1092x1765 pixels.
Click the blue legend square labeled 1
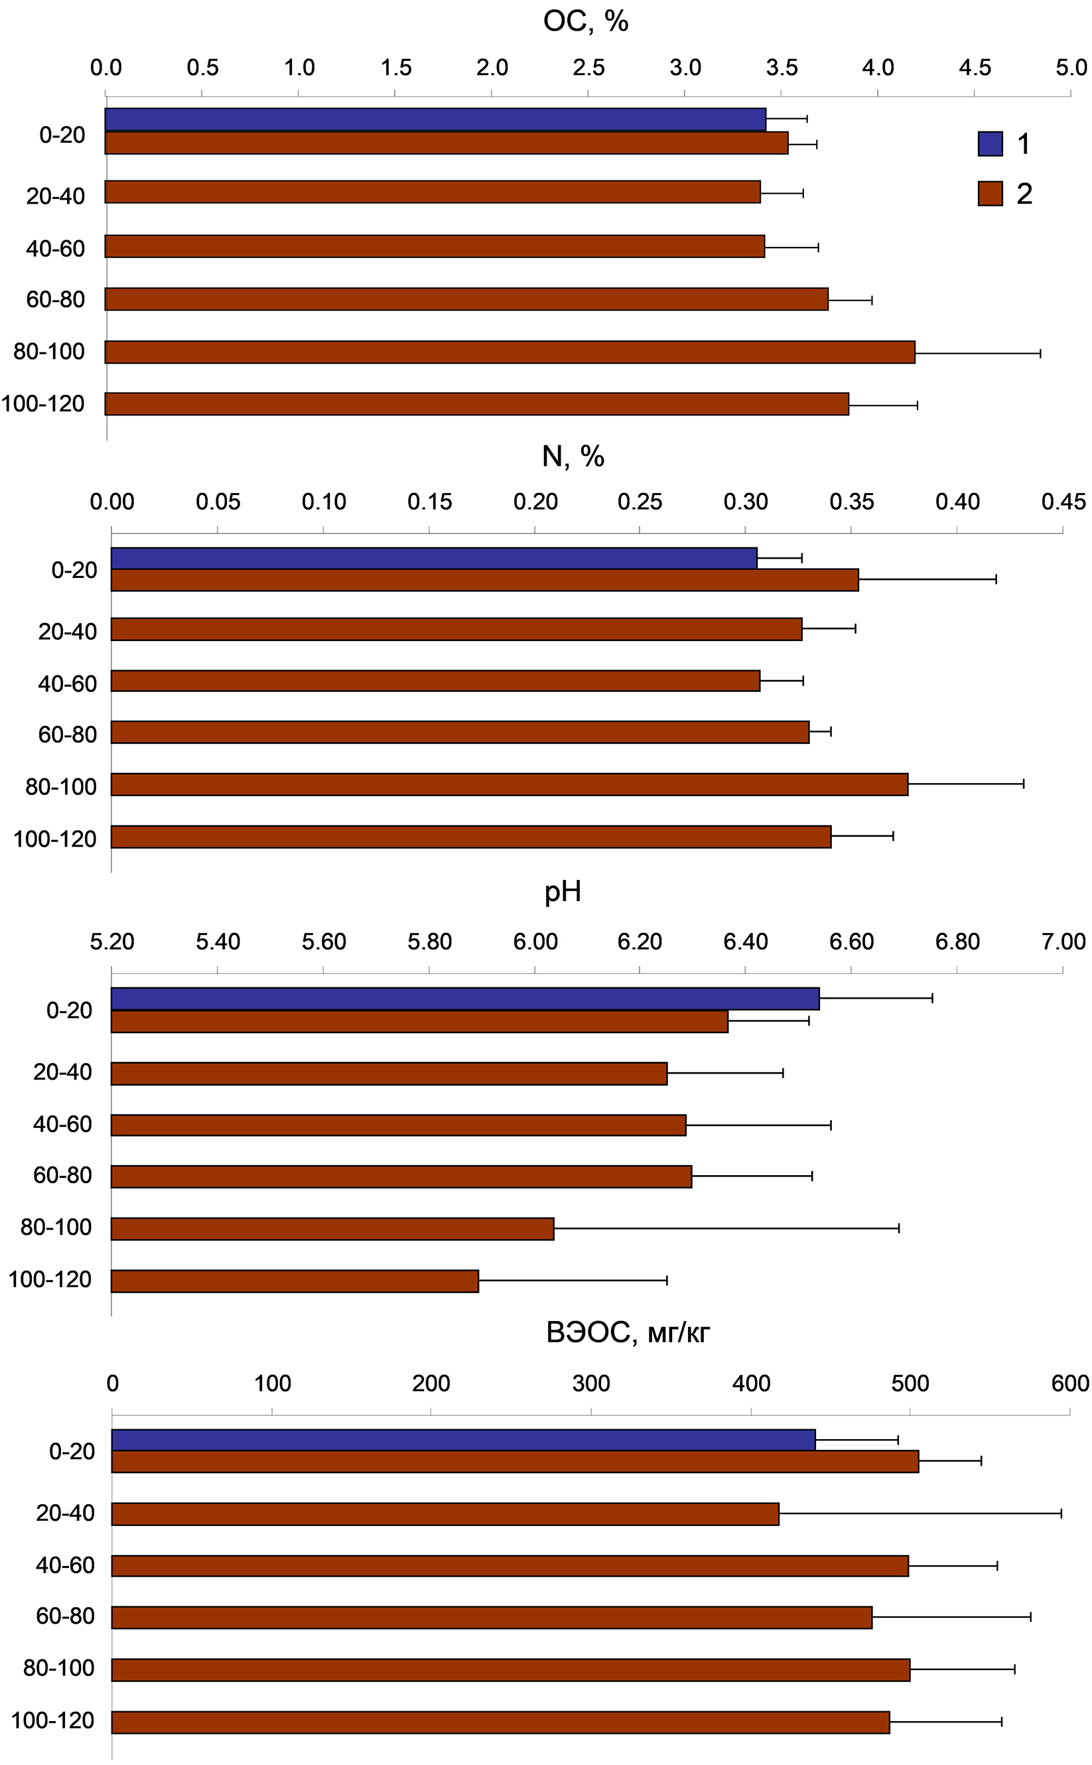point(990,144)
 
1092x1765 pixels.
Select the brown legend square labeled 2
point(990,194)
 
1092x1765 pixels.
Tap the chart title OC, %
point(586,22)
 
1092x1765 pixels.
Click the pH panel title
point(563,892)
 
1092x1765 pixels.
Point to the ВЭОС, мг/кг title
point(628,1332)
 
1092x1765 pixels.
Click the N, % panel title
point(573,457)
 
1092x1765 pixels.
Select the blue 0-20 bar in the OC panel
point(435,120)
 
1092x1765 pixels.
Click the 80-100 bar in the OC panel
point(510,352)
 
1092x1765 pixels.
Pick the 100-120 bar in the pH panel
point(295,1281)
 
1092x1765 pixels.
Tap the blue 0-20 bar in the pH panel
point(465,999)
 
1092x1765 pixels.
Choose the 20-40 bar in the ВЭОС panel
point(445,1514)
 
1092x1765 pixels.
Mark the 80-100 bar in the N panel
point(509,785)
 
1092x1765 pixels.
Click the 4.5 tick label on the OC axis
point(975,68)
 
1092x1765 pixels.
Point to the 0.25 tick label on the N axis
point(640,502)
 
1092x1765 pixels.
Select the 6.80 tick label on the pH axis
point(958,942)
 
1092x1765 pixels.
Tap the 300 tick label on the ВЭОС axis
point(590,1383)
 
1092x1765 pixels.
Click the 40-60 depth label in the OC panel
point(56,248)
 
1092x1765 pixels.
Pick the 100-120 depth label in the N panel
point(55,839)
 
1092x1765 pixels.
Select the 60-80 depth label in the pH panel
point(63,1175)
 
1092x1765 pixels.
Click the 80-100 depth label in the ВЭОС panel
point(58,1668)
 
